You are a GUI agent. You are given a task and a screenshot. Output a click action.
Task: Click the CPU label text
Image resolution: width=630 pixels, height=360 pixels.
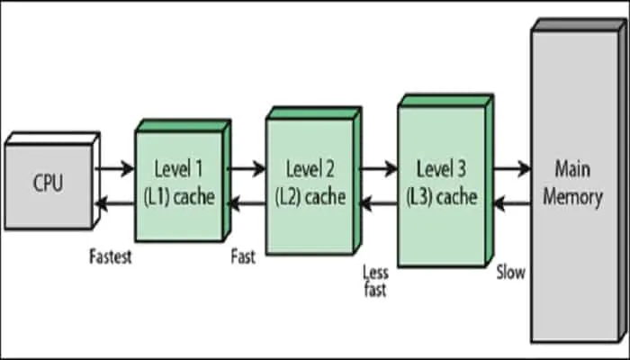pos(48,184)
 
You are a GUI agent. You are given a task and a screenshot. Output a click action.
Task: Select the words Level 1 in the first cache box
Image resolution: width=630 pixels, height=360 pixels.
pos(179,168)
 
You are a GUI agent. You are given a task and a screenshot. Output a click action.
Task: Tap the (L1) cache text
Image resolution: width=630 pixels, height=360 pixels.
pos(179,195)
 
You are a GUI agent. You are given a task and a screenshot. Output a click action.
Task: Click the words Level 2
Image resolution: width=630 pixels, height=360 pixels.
pos(310,168)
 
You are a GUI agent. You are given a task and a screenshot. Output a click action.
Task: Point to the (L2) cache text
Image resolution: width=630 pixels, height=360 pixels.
pos(310,195)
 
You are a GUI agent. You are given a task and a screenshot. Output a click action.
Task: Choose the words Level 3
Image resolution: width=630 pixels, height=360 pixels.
pos(442,168)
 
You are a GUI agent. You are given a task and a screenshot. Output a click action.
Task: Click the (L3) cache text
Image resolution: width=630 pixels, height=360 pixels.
pos(442,195)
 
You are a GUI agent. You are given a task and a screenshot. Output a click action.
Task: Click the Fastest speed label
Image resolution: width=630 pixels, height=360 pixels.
pos(111,256)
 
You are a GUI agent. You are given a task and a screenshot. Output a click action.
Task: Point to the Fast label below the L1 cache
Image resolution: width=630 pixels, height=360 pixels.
pos(242,256)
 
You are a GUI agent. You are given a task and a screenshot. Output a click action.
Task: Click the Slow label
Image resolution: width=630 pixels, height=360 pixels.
pos(511,271)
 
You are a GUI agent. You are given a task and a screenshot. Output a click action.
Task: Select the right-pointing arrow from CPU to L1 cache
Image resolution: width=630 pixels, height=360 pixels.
pos(115,167)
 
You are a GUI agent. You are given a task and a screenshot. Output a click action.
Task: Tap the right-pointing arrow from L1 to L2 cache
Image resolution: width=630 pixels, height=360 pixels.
pos(247,167)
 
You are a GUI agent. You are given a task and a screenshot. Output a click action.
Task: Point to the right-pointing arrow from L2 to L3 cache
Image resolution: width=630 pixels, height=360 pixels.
pos(378,167)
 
